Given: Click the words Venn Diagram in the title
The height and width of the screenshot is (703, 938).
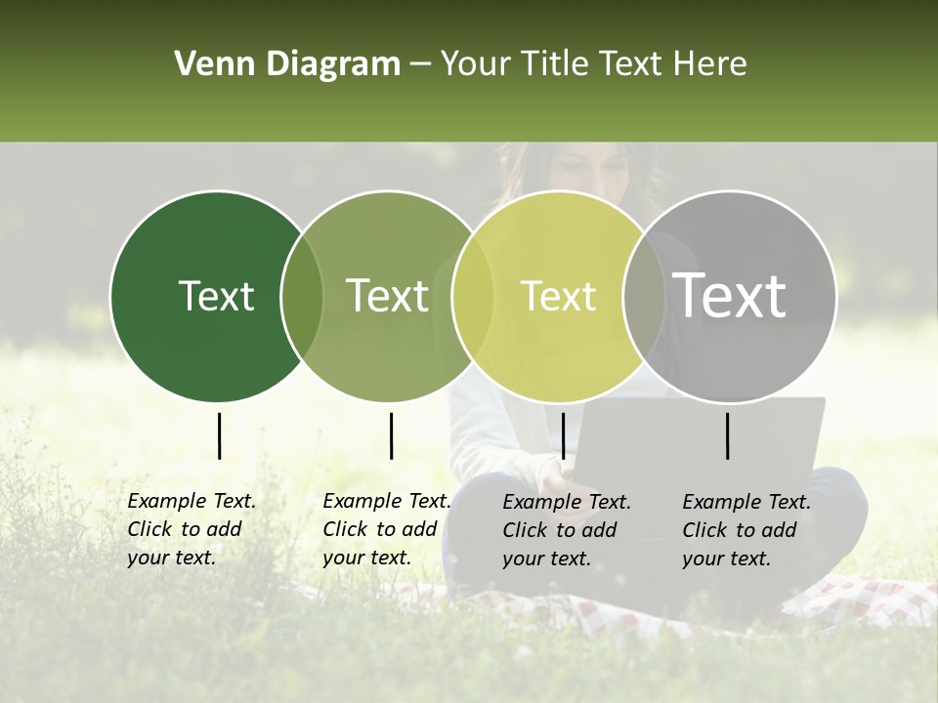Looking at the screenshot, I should click(x=287, y=64).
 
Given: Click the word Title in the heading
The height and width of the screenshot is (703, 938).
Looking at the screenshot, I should click(x=557, y=64).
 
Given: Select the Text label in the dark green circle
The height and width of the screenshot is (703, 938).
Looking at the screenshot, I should click(x=216, y=296).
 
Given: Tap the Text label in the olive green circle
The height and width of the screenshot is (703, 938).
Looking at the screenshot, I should click(x=387, y=296).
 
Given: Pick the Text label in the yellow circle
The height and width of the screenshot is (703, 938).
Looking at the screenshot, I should click(x=558, y=296).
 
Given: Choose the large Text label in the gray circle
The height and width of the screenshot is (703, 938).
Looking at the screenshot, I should click(x=729, y=296).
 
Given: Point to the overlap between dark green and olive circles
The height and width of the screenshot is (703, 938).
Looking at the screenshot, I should click(x=302, y=296).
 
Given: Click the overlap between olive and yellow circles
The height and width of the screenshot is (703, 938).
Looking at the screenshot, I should click(x=473, y=296).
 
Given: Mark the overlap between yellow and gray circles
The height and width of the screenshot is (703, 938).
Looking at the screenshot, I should click(x=644, y=296).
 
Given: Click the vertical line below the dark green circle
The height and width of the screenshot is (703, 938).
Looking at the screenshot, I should click(x=219, y=435).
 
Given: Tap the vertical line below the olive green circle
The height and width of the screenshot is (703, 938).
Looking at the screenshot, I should click(x=391, y=435).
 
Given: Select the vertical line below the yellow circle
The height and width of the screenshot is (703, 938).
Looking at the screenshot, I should click(x=563, y=435).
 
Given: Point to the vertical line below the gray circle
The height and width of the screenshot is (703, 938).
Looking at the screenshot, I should click(x=728, y=435).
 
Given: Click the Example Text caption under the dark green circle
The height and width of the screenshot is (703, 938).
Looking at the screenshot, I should click(x=191, y=529).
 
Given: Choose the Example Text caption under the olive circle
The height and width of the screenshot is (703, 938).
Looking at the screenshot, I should click(x=386, y=529).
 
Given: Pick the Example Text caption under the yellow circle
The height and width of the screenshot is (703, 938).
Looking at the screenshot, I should click(x=566, y=530).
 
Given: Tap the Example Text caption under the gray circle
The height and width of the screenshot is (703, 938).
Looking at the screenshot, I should click(x=746, y=530).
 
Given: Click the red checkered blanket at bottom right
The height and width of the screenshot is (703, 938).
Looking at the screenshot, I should click(x=860, y=600).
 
